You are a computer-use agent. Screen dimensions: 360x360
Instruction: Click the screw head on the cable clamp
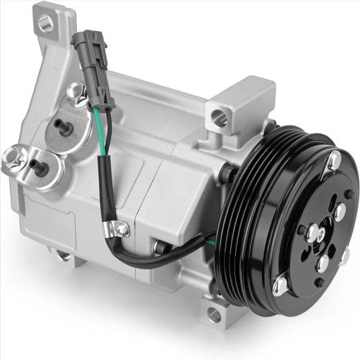123,228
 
